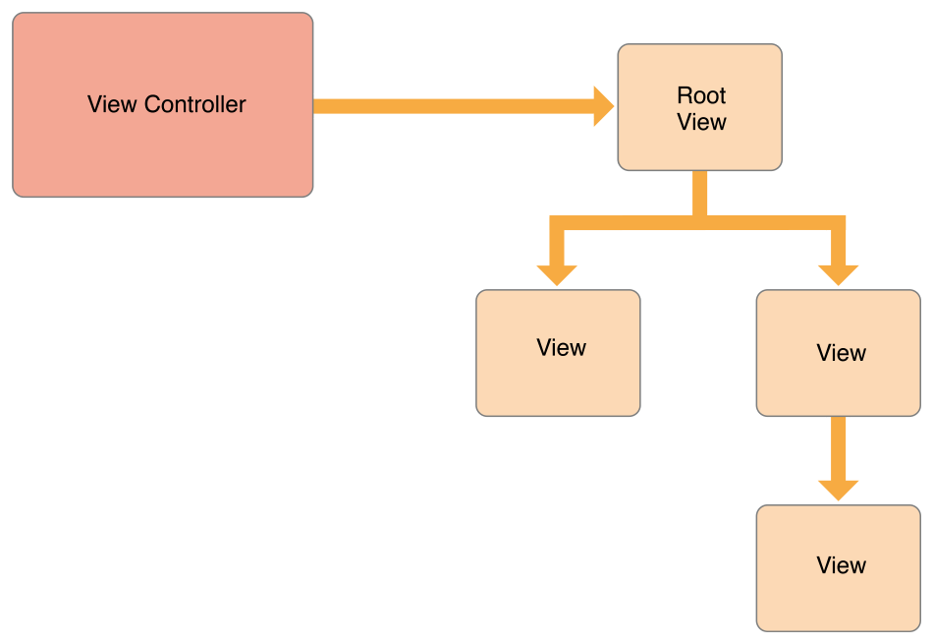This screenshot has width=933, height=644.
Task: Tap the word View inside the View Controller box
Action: click(x=112, y=104)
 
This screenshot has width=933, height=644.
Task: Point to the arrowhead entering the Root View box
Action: click(x=603, y=106)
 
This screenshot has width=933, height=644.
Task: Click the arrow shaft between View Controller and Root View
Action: click(x=452, y=106)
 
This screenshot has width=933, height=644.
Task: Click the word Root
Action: click(x=701, y=95)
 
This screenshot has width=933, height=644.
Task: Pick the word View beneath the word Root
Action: click(x=701, y=122)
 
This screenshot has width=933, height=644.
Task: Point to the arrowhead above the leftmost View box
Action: click(x=557, y=274)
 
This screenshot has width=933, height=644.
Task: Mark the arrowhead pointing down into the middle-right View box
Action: click(x=838, y=274)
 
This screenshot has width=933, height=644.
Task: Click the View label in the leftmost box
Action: click(x=561, y=348)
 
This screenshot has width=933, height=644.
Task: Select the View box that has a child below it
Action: click(x=838, y=388)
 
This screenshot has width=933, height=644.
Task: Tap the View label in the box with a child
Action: click(x=841, y=353)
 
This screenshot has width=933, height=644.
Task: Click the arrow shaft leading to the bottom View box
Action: click(x=838, y=447)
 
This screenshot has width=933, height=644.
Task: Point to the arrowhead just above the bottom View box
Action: click(x=838, y=490)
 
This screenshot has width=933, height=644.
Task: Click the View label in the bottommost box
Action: click(x=841, y=565)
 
